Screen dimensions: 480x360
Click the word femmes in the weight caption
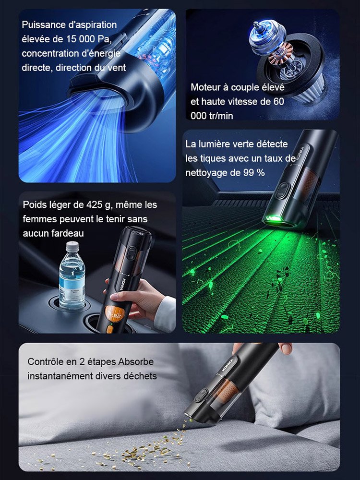coord(38,219)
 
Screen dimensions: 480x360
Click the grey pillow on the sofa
coord(293,384)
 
